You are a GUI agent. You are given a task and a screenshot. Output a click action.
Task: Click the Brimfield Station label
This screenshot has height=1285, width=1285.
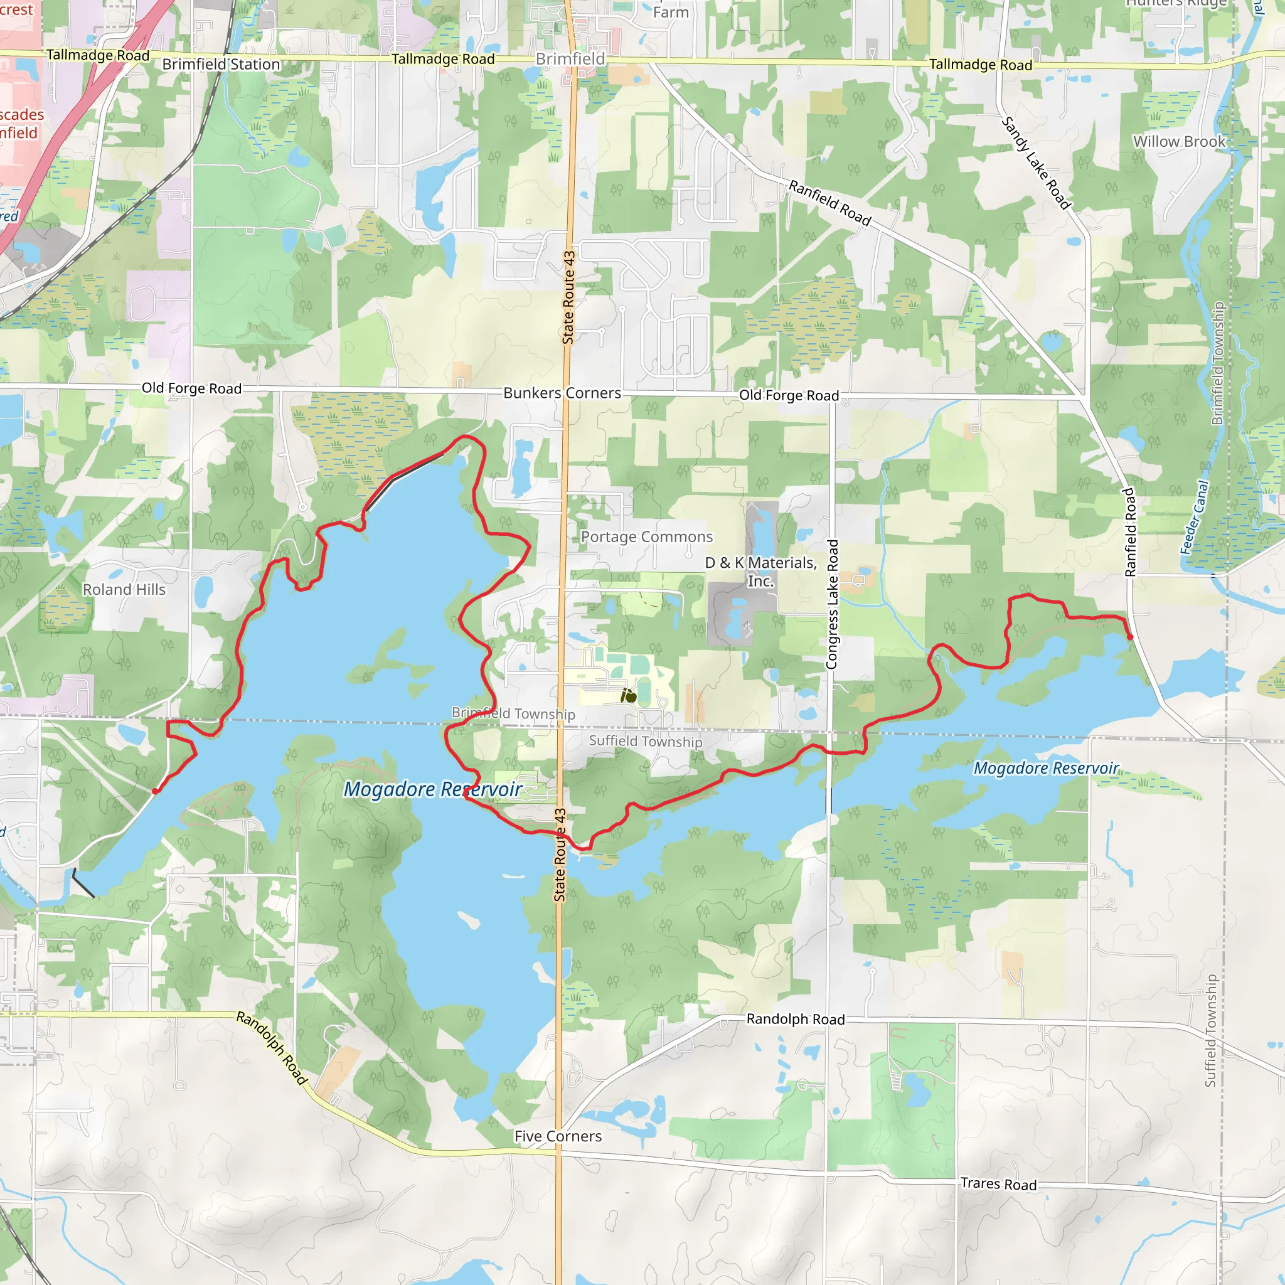coord(221,65)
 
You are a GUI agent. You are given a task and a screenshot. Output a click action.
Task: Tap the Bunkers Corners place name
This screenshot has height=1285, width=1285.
coord(562,393)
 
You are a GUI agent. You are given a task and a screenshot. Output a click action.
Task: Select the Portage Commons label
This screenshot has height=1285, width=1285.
coord(646,536)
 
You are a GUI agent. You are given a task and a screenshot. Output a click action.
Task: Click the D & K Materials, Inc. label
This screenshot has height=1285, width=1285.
coord(761,572)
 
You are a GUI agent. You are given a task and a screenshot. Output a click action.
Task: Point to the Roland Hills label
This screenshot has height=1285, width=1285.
coord(124,589)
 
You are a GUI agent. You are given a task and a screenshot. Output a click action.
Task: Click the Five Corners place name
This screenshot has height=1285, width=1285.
coord(557,1136)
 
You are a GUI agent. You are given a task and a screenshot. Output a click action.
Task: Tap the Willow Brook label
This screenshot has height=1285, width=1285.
coord(1178,142)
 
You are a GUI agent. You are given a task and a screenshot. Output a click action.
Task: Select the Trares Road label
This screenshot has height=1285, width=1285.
coord(998,1184)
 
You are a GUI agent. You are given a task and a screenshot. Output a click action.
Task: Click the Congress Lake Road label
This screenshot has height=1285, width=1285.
coord(832,604)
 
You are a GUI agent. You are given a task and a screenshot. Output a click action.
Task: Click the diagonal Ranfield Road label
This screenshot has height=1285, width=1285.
coord(829,203)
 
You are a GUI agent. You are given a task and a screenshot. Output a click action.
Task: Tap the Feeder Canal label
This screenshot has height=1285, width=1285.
coord(1194,518)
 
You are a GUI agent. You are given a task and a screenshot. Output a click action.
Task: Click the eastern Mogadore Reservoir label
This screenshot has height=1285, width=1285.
coord(1046,768)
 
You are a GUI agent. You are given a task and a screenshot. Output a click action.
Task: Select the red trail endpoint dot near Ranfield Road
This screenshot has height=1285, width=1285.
coord(1129,637)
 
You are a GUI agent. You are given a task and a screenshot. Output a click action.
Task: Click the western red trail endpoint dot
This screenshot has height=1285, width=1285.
coord(155,791)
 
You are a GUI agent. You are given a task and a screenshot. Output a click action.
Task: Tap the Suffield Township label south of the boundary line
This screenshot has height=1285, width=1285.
coord(645,741)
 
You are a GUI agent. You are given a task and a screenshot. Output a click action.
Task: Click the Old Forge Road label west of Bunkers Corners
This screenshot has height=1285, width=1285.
coord(191,388)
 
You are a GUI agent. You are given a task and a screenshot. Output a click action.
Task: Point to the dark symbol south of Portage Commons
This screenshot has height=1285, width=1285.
coord(629,696)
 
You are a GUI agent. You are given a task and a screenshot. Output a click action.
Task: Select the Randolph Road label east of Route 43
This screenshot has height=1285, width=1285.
coord(795,1019)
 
